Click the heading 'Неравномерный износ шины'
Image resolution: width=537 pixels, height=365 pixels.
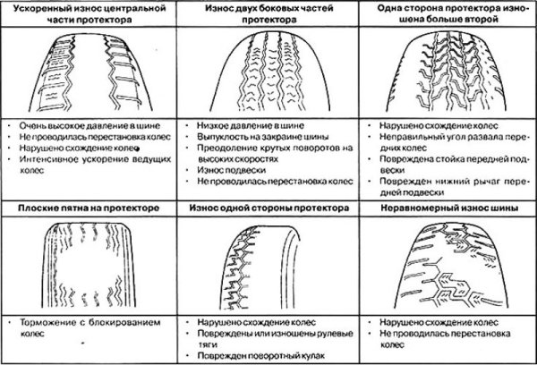tap(444, 208)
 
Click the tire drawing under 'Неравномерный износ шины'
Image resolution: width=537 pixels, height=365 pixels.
tap(444, 263)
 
